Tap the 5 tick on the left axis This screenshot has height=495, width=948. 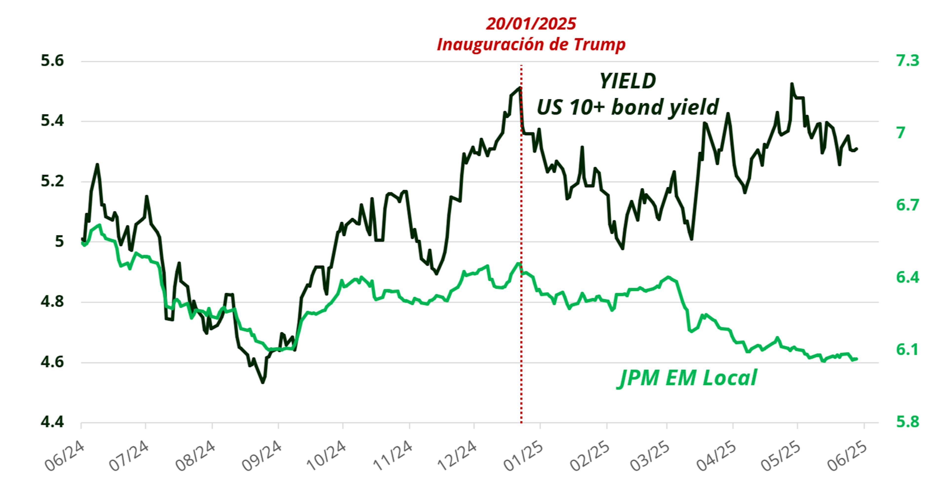pos(59,242)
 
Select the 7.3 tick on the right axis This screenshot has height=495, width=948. pos(908,61)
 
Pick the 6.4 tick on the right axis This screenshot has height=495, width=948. pos(908,277)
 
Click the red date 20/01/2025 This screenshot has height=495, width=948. pos(531,24)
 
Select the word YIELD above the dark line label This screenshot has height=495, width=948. pos(628,81)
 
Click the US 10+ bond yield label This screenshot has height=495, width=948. pos(628,107)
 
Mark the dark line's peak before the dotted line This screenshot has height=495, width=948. pos(519,88)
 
